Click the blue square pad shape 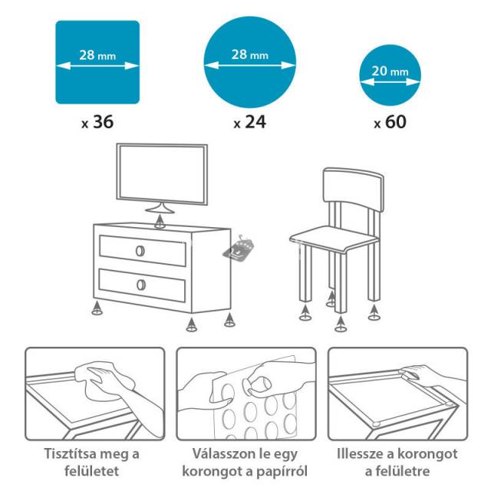coord(97,62)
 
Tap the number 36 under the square coord(104,122)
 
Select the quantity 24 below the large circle coord(255,122)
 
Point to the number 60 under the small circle coord(396,122)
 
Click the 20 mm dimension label coord(390,71)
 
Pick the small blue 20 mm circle coord(390,75)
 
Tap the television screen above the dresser coord(162,174)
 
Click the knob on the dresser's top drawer coord(140,251)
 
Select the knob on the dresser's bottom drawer coord(141,285)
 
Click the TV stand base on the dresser coord(160,209)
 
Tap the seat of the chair coord(334,239)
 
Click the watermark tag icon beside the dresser coord(239,249)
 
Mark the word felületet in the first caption coord(92,470)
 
